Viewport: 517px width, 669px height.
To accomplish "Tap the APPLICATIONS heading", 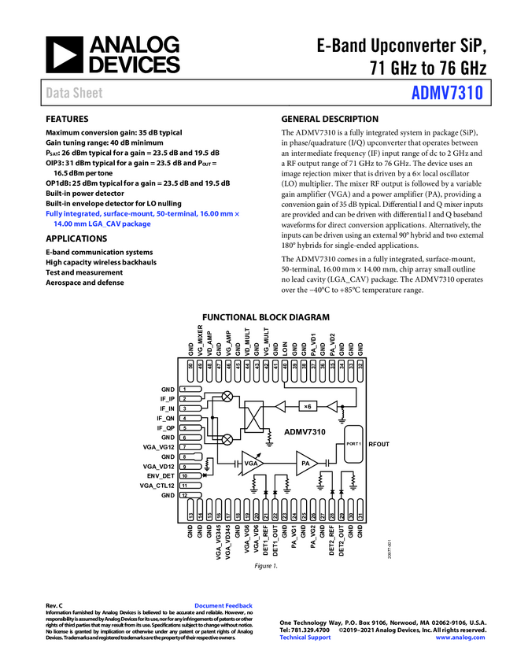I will click(77, 238).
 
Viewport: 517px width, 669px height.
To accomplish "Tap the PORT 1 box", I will click(353, 444).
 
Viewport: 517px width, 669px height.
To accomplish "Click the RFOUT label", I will click(379, 445).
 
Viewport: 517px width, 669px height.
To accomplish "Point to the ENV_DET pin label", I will click(161, 476).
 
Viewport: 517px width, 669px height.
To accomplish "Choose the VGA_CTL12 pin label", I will click(157, 486).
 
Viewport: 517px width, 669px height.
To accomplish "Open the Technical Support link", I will click(305, 637).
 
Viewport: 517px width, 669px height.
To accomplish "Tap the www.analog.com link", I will click(461, 637).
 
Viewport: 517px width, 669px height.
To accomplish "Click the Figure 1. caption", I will click(266, 566).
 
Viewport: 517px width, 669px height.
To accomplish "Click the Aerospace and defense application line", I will click(85, 283).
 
